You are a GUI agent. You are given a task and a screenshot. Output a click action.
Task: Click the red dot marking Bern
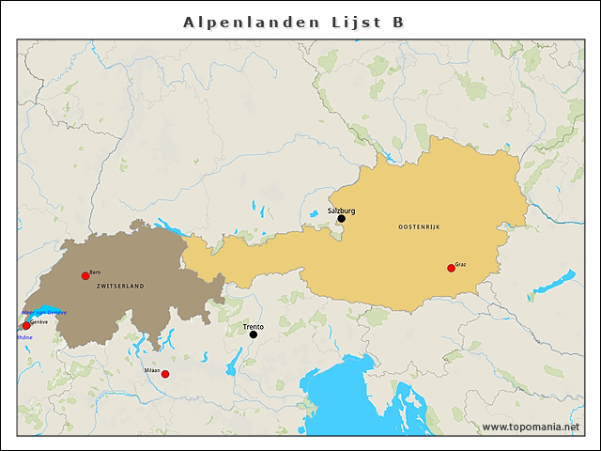tap(85, 275)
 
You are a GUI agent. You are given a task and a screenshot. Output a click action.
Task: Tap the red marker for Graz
tap(451, 268)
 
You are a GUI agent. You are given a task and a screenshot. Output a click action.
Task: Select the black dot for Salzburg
tap(341, 219)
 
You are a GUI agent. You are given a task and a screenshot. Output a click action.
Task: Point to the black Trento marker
tap(253, 334)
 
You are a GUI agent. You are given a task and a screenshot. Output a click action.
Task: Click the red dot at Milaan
tap(165, 374)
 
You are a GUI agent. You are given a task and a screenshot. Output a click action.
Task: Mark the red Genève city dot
tap(26, 326)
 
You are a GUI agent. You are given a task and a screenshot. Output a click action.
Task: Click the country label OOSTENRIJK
tap(419, 227)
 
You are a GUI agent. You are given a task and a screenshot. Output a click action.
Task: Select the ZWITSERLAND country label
tap(120, 286)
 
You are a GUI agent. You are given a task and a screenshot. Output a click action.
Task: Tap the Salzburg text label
tap(341, 211)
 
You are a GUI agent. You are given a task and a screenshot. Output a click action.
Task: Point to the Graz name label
tap(460, 264)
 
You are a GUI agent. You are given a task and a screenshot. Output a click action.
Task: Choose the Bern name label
tap(95, 272)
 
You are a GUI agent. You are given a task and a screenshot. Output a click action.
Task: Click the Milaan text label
tap(152, 370)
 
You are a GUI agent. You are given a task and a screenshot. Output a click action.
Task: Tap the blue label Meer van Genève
tap(44, 312)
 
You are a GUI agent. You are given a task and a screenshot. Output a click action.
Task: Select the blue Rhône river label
tap(23, 337)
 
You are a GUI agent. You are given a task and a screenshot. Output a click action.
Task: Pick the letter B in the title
tap(398, 22)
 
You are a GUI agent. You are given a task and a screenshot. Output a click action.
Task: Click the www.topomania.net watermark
tap(530, 428)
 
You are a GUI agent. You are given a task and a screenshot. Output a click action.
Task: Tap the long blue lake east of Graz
tap(555, 281)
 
